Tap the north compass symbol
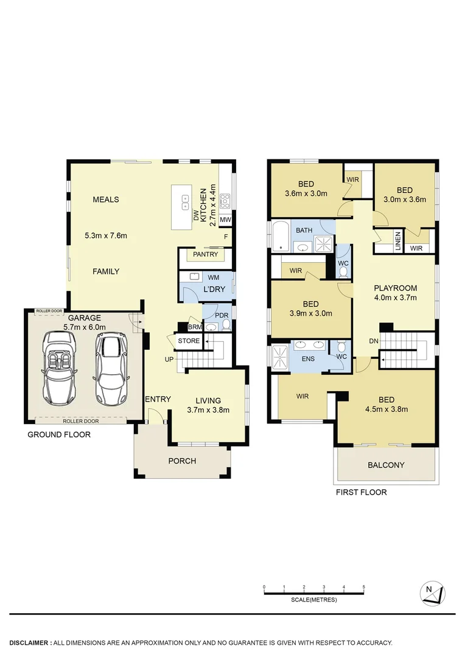coord(432,593)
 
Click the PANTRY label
coord(205,254)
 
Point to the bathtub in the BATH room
coord(281,237)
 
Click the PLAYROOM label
coord(395,288)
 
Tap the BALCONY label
coord(386,465)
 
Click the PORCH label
coord(182,461)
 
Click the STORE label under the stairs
coord(189,341)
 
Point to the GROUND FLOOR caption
coord(59,434)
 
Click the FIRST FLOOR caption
coord(361,492)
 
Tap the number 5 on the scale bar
coord(364,587)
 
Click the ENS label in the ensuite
coord(308,359)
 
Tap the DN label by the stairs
coord(374,341)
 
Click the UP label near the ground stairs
coord(169,360)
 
